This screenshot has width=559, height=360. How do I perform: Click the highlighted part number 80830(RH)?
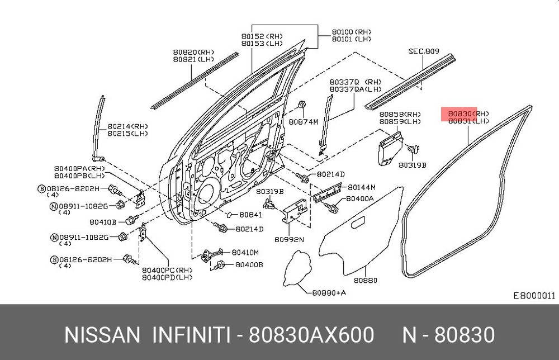point(468,113)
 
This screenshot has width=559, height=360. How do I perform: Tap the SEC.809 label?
point(424,51)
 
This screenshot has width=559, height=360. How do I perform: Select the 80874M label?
point(303,122)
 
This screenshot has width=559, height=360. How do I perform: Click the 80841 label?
point(250,215)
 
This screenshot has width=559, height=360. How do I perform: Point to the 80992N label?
point(289,239)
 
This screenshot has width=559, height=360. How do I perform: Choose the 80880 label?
point(366,281)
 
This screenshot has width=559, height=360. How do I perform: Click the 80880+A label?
point(329,292)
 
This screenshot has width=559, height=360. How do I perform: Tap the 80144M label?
point(362,187)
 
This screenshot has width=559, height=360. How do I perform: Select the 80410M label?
point(245,252)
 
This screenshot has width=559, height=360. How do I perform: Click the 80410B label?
point(103,222)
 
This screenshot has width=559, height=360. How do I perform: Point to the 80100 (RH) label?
point(352,32)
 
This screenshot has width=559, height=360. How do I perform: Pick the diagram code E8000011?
point(534,296)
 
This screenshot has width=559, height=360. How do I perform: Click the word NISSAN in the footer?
point(102,335)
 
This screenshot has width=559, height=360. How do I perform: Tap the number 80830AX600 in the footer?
point(311,335)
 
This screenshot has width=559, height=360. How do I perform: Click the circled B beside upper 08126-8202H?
point(42,188)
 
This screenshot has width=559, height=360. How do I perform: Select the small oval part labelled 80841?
point(230,215)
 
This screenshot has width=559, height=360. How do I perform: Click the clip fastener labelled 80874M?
point(302,105)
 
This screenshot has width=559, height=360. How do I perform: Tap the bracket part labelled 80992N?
point(295,211)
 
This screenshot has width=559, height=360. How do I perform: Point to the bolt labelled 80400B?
point(220,265)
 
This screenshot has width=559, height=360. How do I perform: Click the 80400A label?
point(359,198)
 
